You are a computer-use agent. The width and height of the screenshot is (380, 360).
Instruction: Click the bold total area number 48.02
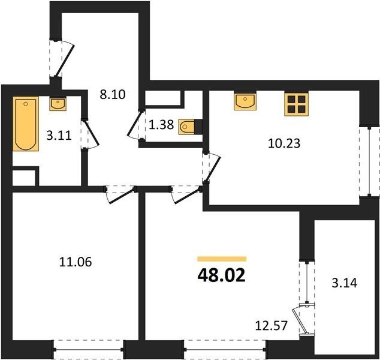222,276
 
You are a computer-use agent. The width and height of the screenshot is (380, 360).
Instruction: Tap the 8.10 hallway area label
113,94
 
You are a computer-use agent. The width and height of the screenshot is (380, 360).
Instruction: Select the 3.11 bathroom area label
59,136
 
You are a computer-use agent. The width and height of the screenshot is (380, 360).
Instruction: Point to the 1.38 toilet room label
161,125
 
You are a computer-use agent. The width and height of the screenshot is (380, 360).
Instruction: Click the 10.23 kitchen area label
284,143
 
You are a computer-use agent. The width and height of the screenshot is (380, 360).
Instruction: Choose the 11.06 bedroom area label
76,262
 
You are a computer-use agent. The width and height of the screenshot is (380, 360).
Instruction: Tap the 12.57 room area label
272,326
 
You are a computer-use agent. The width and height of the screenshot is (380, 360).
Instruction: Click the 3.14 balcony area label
345,283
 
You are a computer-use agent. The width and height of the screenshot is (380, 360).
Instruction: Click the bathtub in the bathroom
26,124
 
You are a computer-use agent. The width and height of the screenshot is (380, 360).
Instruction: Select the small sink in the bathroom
58,104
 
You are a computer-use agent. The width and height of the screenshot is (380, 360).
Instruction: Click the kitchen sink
245,102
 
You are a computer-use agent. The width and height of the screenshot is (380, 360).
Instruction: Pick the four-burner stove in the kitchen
297,104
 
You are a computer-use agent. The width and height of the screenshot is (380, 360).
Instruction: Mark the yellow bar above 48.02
222,259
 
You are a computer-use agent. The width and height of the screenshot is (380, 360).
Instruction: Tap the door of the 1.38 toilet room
135,125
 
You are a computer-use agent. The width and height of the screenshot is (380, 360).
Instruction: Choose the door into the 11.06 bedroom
120,194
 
